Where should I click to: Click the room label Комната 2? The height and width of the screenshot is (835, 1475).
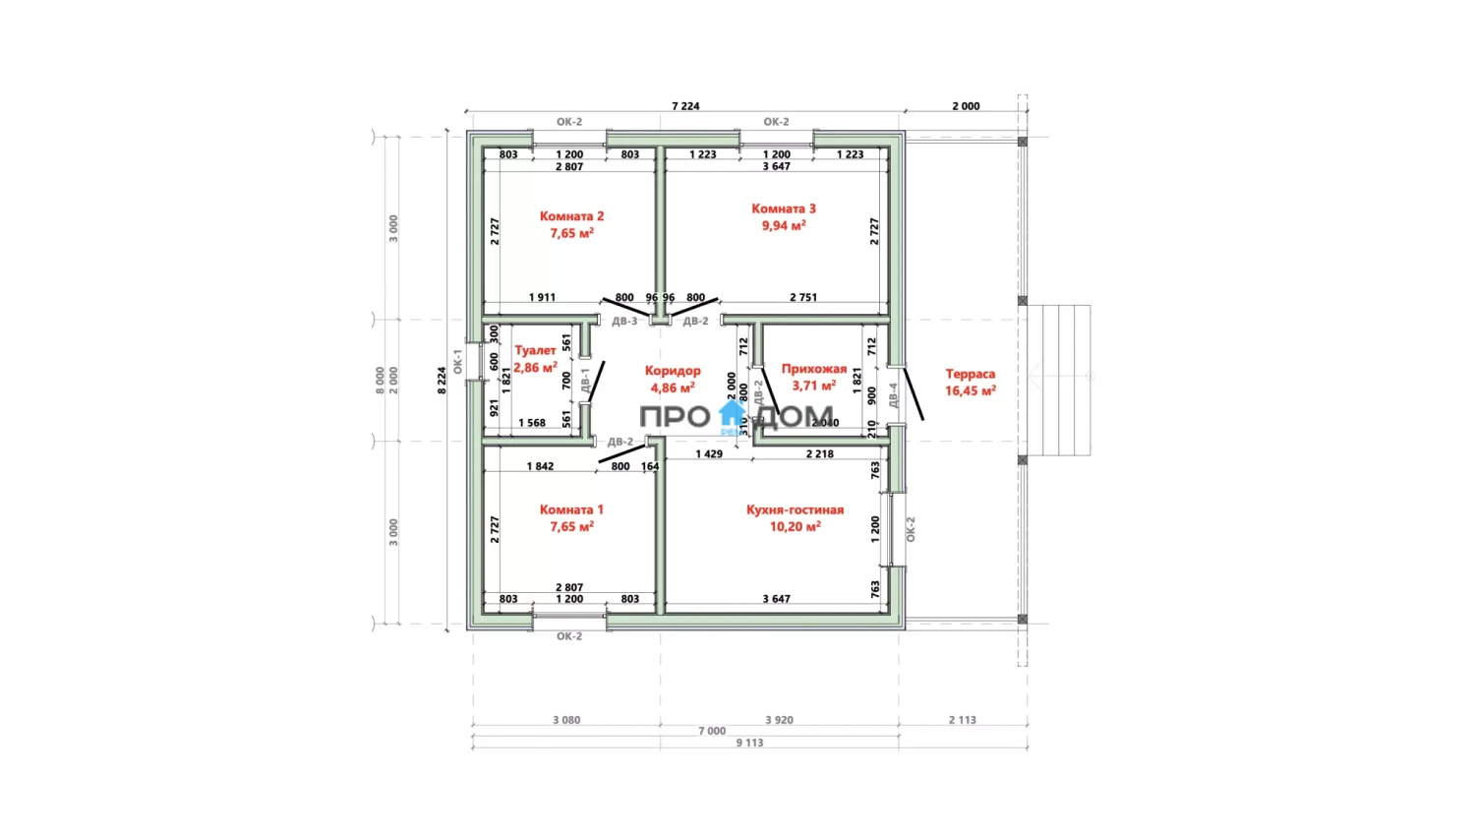[x=571, y=216]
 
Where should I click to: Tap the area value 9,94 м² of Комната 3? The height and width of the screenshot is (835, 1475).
[x=784, y=226]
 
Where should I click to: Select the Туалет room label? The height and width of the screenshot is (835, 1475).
[x=535, y=350]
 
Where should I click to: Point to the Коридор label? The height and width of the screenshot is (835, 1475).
[x=673, y=371]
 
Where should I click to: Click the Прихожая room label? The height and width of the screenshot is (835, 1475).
[x=813, y=369]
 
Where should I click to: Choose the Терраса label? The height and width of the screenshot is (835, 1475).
[x=970, y=374]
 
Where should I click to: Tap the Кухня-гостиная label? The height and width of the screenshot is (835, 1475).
[x=795, y=509]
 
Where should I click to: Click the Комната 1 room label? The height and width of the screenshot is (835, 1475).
[x=571, y=509]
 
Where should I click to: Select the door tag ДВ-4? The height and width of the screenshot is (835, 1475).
[x=893, y=395]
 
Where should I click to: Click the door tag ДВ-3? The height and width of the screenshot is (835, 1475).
[x=624, y=322]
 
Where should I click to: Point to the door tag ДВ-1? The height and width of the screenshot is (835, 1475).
[x=585, y=381]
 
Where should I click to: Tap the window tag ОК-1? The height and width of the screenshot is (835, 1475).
[x=457, y=361]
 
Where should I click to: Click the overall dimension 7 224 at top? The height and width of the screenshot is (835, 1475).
[x=685, y=106]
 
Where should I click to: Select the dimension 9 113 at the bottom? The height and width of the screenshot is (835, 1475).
[x=749, y=743]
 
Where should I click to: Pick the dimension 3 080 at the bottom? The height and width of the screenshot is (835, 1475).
[x=566, y=720]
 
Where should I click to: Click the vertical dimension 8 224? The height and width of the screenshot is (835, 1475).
[x=442, y=381]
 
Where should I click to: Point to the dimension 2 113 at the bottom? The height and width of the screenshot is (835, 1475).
[x=962, y=720]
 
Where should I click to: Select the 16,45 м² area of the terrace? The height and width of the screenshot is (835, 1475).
[x=970, y=390]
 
